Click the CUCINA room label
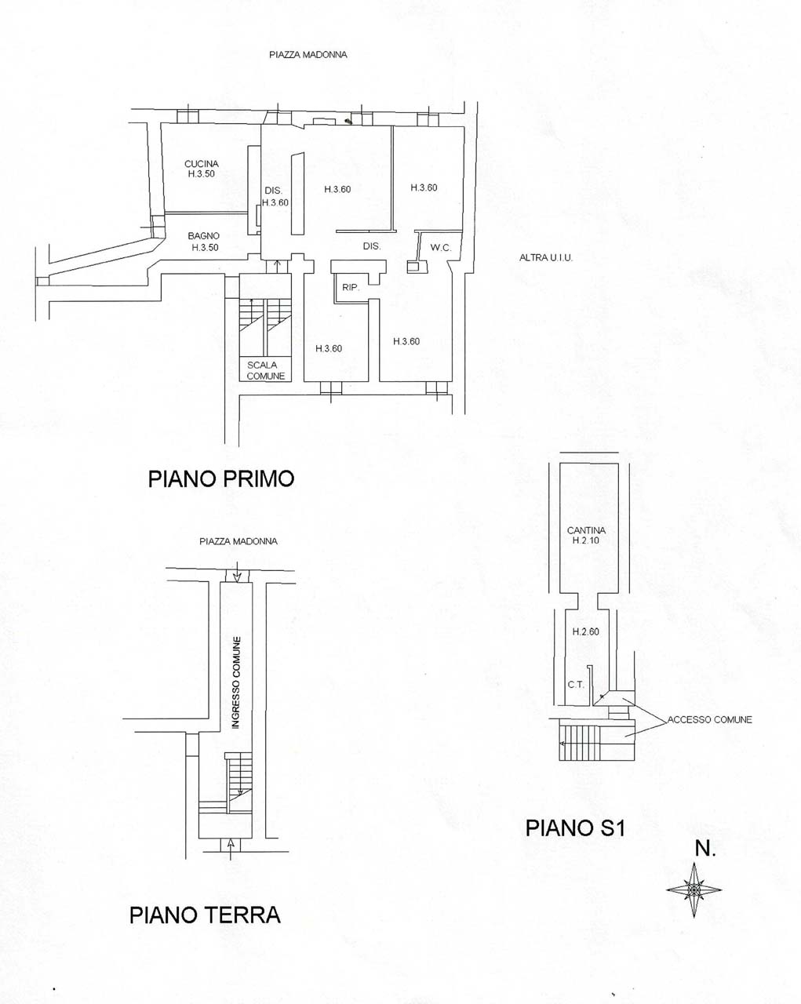[202, 164]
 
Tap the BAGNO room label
[203, 236]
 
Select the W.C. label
[441, 248]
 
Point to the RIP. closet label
[351, 287]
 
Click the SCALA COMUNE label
[266, 370]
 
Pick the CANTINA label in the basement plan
[586, 530]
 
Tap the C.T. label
[576, 685]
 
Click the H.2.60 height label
[586, 631]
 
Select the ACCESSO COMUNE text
[709, 720]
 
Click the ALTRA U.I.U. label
[546, 257]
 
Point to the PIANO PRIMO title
[221, 479]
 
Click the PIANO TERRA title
[205, 915]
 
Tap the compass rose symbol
[694, 889]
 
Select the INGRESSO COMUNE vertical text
[237, 682]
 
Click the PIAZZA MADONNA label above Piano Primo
[308, 55]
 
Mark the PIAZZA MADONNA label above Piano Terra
[238, 541]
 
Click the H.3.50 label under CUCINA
[201, 174]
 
